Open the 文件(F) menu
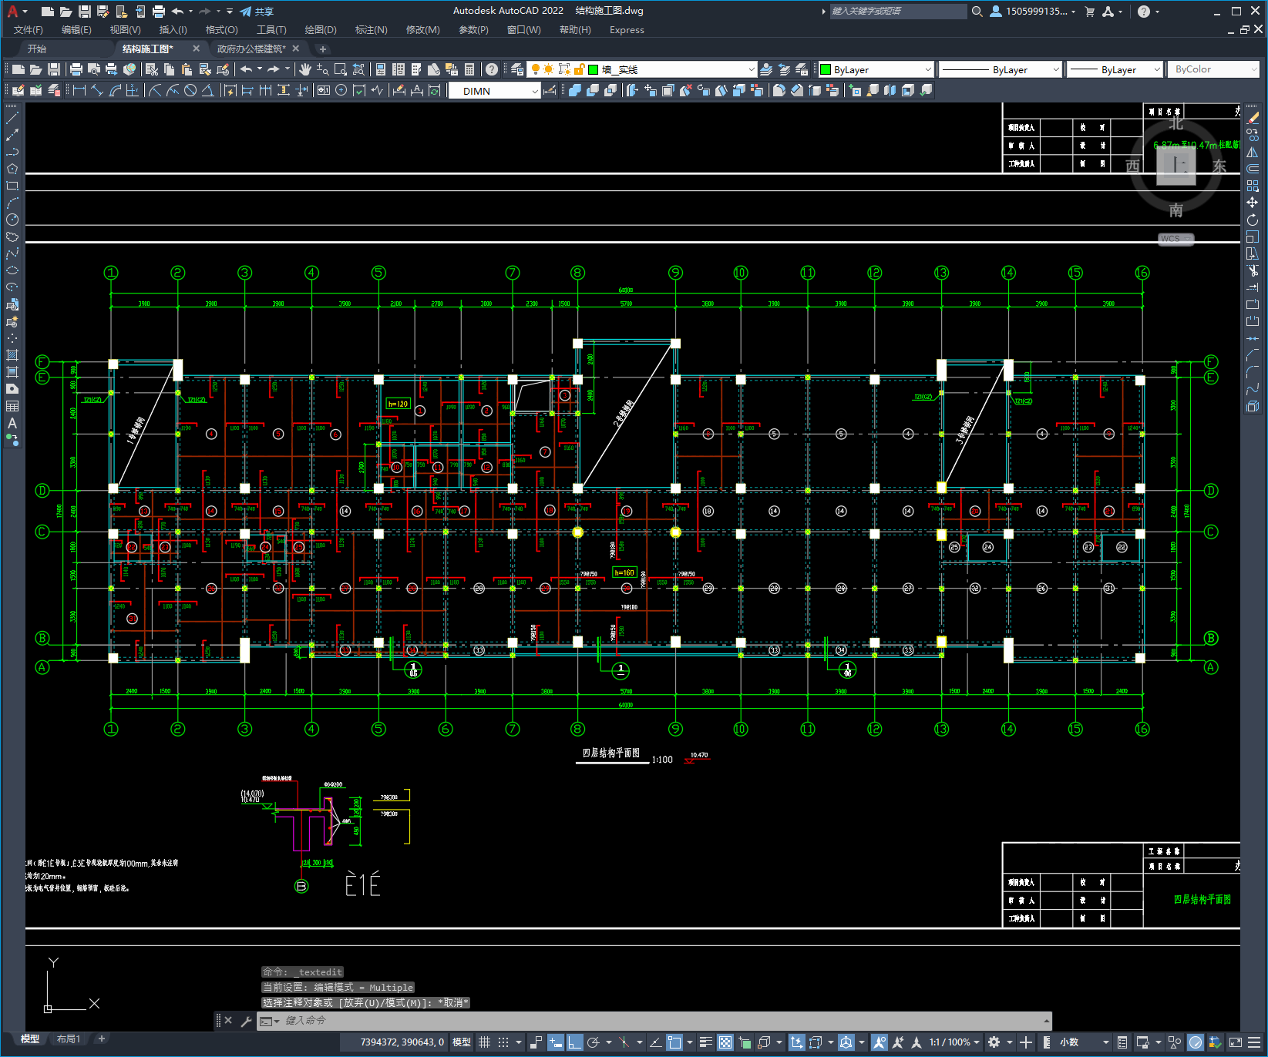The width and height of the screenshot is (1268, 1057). pos(28,30)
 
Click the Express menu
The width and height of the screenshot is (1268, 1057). pos(626,30)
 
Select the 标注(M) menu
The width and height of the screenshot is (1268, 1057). pos(371,30)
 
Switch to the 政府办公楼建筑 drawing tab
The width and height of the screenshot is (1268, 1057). pos(251,49)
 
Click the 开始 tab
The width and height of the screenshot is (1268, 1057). pos(37,49)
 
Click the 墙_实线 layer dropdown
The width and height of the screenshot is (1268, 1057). pos(671,69)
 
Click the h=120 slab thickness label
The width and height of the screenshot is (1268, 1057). pos(398,404)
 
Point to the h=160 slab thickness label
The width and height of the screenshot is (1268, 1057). pos(624,572)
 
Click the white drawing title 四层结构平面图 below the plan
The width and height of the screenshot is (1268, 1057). pos(610,753)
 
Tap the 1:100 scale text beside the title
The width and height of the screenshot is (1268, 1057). pos(662,760)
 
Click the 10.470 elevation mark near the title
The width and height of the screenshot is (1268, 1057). pos(699,755)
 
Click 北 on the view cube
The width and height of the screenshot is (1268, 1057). pos(1176,123)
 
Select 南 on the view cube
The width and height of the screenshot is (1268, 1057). pos(1176,210)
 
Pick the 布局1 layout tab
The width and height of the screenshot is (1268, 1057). pos(69,1039)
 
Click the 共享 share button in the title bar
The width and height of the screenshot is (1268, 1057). pos(257,12)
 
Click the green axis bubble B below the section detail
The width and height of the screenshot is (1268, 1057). pos(301,886)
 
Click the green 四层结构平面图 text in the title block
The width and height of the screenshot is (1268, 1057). pos(1202,900)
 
